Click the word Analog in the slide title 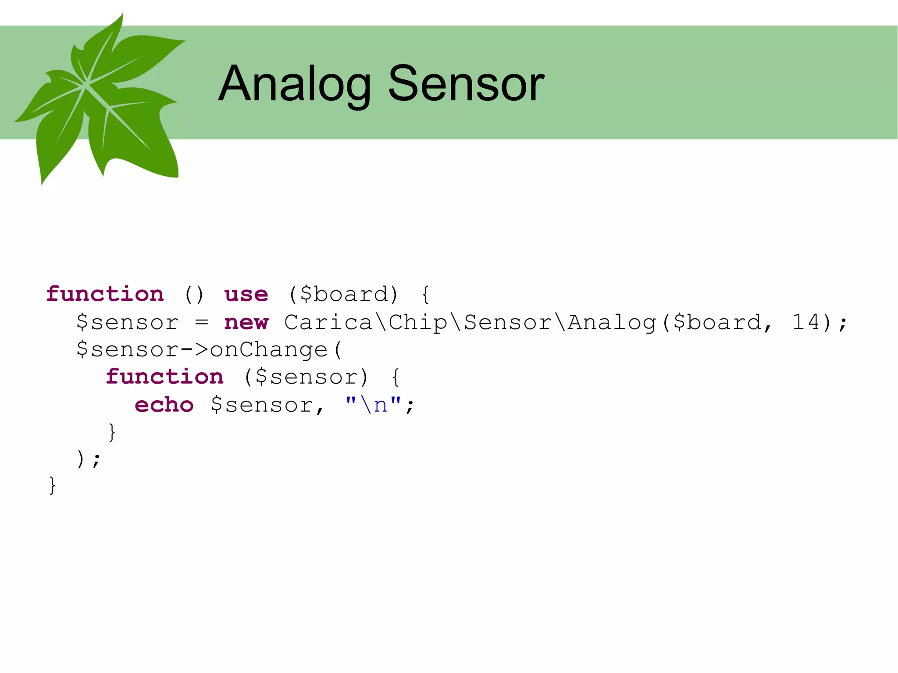(x=295, y=84)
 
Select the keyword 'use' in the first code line (x=246, y=294)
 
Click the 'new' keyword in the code (x=246, y=323)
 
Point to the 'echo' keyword (x=164, y=405)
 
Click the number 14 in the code (x=806, y=322)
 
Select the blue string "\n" (x=373, y=404)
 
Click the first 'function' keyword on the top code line (x=105, y=294)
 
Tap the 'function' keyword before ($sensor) (x=165, y=377)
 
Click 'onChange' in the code (x=269, y=350)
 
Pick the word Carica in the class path (x=328, y=323)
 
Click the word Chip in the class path (x=418, y=323)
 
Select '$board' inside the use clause (x=345, y=294)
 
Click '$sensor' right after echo (x=262, y=405)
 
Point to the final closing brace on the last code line (x=52, y=486)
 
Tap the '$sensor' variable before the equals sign (x=128, y=323)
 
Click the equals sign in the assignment (x=201, y=323)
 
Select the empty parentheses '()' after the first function (x=194, y=294)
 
